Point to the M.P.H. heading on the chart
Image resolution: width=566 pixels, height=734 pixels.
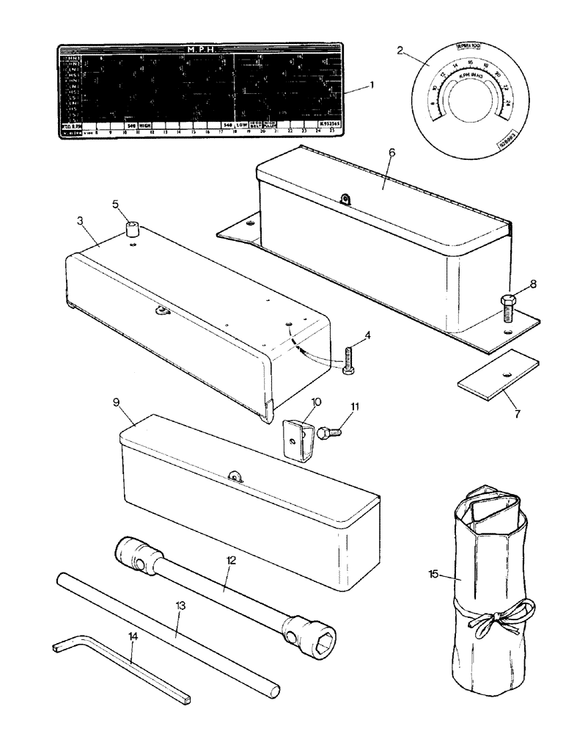(x=200, y=50)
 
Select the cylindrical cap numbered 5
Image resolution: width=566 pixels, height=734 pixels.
(x=133, y=230)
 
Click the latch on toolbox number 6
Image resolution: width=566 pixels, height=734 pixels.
(x=346, y=199)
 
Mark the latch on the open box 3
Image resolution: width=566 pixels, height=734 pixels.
(x=160, y=310)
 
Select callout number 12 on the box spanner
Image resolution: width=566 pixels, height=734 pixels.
(x=231, y=561)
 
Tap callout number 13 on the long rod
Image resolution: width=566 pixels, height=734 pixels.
(x=181, y=606)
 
